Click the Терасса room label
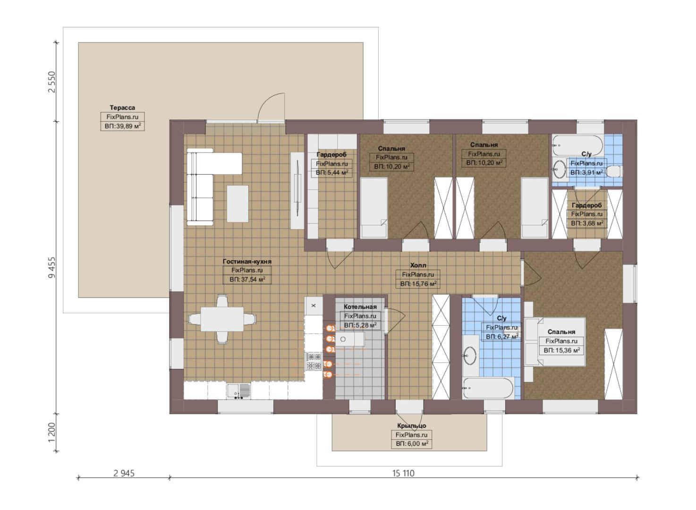(x=122, y=108)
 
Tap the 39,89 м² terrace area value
(x=122, y=126)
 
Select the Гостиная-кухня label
(x=247, y=261)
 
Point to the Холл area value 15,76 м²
(x=418, y=284)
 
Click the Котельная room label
(x=360, y=307)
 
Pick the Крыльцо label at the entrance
(x=411, y=426)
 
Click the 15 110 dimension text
(x=403, y=473)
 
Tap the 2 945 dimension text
(x=124, y=473)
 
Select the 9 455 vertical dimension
(x=52, y=267)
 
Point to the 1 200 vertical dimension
(x=52, y=432)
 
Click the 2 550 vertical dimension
(x=52, y=82)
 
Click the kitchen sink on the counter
(x=238, y=391)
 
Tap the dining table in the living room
(x=222, y=319)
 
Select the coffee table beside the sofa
(x=238, y=204)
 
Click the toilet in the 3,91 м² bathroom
(x=614, y=171)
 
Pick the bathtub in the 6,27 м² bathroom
(x=488, y=388)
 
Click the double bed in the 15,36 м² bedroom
(x=555, y=342)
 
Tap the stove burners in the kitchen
(x=314, y=361)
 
